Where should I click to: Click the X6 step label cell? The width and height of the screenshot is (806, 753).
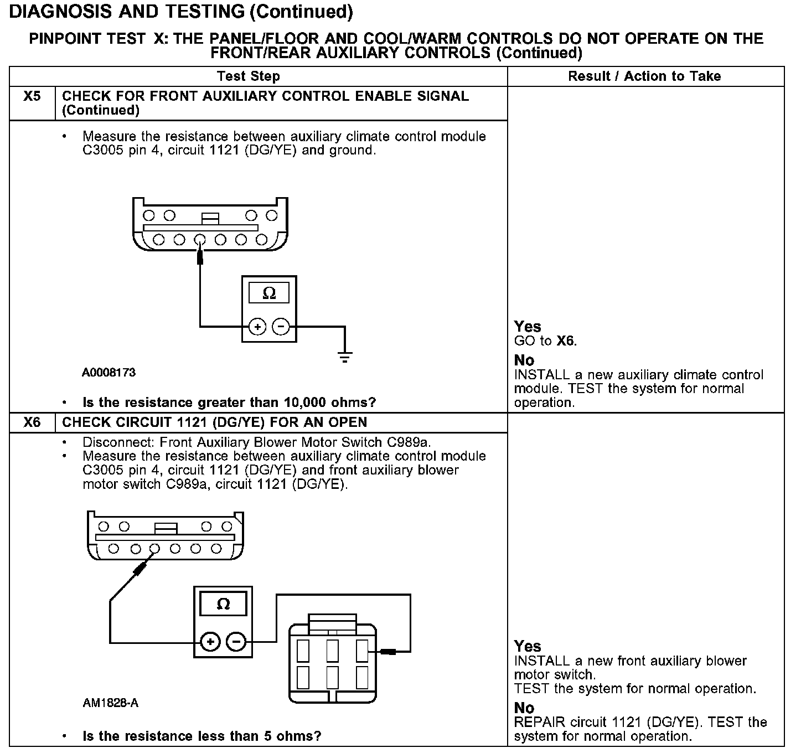coord(32,422)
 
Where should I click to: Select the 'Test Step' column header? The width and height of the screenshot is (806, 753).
coord(249,76)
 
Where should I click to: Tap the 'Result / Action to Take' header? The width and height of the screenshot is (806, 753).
coord(644,76)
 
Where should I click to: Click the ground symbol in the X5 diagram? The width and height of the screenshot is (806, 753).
coord(345,357)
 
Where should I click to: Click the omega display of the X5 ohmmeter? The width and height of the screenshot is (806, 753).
coord(268,293)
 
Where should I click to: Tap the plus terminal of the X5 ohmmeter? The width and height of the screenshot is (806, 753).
coord(257,327)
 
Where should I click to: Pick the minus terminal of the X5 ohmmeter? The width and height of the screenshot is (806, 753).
coord(281,327)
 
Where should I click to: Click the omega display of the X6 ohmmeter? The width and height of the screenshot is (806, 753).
coord(223,604)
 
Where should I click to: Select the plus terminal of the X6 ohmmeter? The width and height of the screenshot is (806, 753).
coord(210,642)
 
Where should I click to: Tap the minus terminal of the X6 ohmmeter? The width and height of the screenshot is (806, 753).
coord(236,642)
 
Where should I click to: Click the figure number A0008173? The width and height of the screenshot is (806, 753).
coord(108,373)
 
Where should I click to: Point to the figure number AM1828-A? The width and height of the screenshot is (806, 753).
coord(110,704)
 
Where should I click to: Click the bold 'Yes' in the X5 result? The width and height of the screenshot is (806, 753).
coord(527,327)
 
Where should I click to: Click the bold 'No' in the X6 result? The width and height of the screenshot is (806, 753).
coord(524,708)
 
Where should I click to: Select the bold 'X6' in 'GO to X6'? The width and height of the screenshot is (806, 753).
coord(566,341)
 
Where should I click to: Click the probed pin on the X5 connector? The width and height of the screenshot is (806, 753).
coord(200,240)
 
